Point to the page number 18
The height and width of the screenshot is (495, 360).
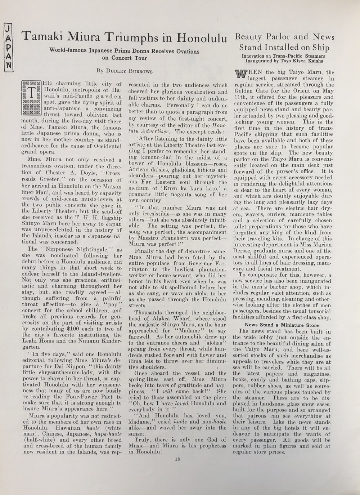pos(177,459)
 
